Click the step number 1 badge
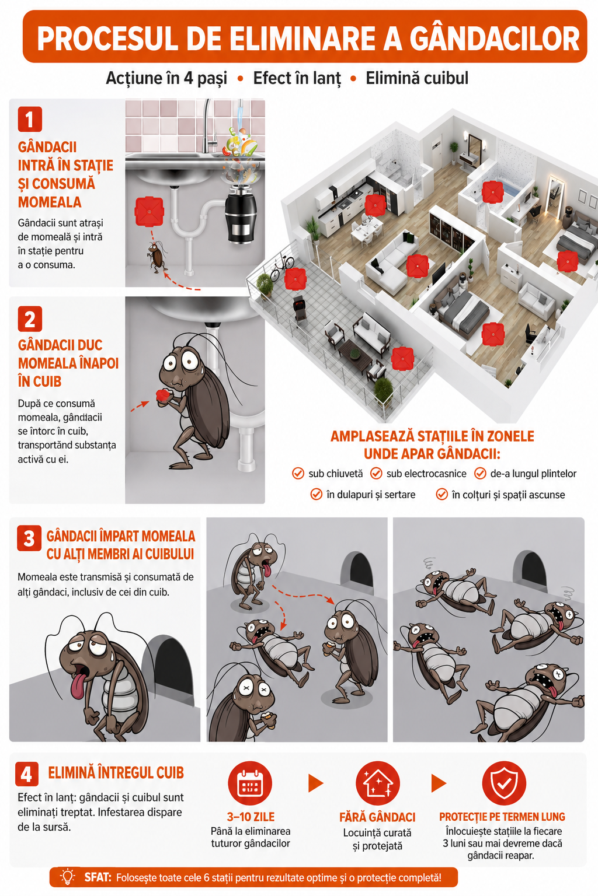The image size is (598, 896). coord(30,119)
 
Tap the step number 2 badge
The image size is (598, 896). coord(30,319)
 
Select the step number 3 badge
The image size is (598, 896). coord(29,538)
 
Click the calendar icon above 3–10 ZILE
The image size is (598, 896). coord(250,783)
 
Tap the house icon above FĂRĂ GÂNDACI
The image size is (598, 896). coord(378,783)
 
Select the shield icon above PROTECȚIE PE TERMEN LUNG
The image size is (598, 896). coord(504,783)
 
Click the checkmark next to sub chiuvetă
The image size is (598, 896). coord(298,473)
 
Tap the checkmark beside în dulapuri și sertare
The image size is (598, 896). coord(317,495)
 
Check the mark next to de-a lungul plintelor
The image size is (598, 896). coord(480,473)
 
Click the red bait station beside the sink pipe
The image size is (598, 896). coord(149,211)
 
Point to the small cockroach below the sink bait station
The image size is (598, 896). coord(157,257)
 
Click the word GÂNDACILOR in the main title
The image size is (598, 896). coord(494,39)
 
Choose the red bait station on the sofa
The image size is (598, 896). coord(418,265)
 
